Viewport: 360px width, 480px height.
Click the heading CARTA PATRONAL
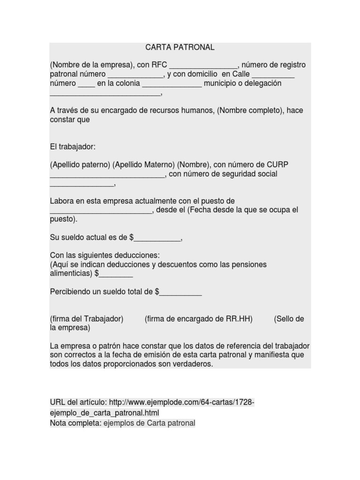point(180,47)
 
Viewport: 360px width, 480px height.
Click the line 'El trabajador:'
point(73,147)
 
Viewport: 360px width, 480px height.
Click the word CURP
point(278,165)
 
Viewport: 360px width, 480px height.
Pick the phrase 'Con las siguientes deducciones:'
point(105,255)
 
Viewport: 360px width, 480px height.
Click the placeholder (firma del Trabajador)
point(87,319)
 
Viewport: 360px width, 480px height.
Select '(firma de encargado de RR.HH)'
point(199,319)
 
